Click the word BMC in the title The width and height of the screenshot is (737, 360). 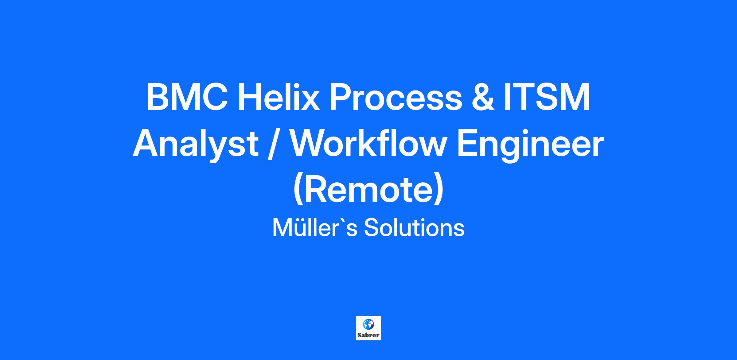pyautogui.click(x=187, y=97)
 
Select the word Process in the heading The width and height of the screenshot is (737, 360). pyautogui.click(x=396, y=97)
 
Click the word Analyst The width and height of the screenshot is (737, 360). pyautogui.click(x=195, y=144)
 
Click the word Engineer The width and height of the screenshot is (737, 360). pyautogui.click(x=530, y=144)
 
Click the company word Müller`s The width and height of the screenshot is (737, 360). pyautogui.click(x=314, y=228)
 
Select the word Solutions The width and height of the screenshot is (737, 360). pyautogui.click(x=414, y=228)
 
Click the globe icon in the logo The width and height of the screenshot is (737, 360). pyautogui.click(x=368, y=324)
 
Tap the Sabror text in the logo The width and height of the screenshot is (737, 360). pyautogui.click(x=368, y=335)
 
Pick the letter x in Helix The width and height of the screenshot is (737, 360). pyautogui.click(x=310, y=101)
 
